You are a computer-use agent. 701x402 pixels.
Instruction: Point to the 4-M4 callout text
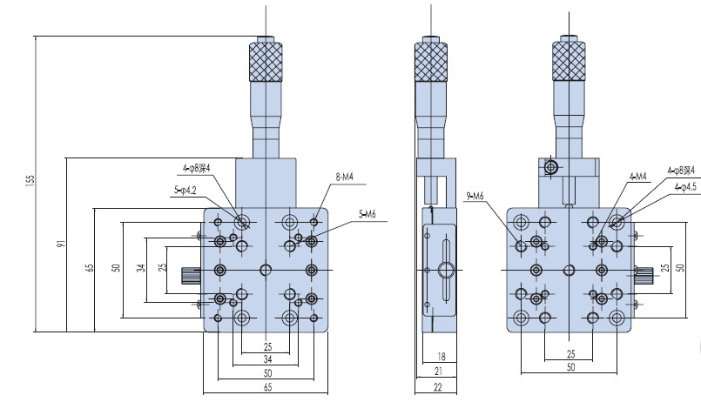(637, 177)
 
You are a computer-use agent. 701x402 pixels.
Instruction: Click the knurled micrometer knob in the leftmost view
(264, 60)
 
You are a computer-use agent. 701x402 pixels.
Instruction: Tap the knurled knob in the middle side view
(431, 60)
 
